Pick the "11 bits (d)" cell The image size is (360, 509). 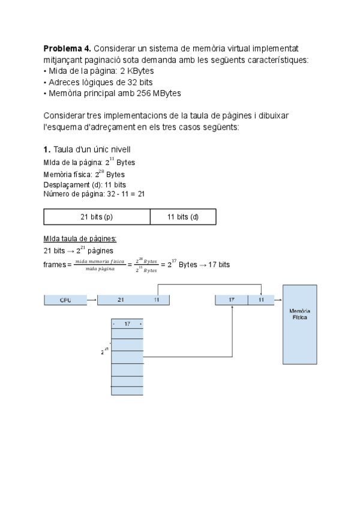point(182,217)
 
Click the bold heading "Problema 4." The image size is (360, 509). point(67,48)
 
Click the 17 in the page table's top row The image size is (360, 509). point(127,324)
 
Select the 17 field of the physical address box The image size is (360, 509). point(232,300)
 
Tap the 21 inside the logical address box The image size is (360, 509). point(121,300)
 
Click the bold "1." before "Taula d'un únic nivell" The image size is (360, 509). point(47,149)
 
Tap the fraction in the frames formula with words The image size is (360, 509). point(100,265)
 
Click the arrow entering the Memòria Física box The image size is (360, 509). point(278,300)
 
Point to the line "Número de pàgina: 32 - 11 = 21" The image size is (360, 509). point(94,194)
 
